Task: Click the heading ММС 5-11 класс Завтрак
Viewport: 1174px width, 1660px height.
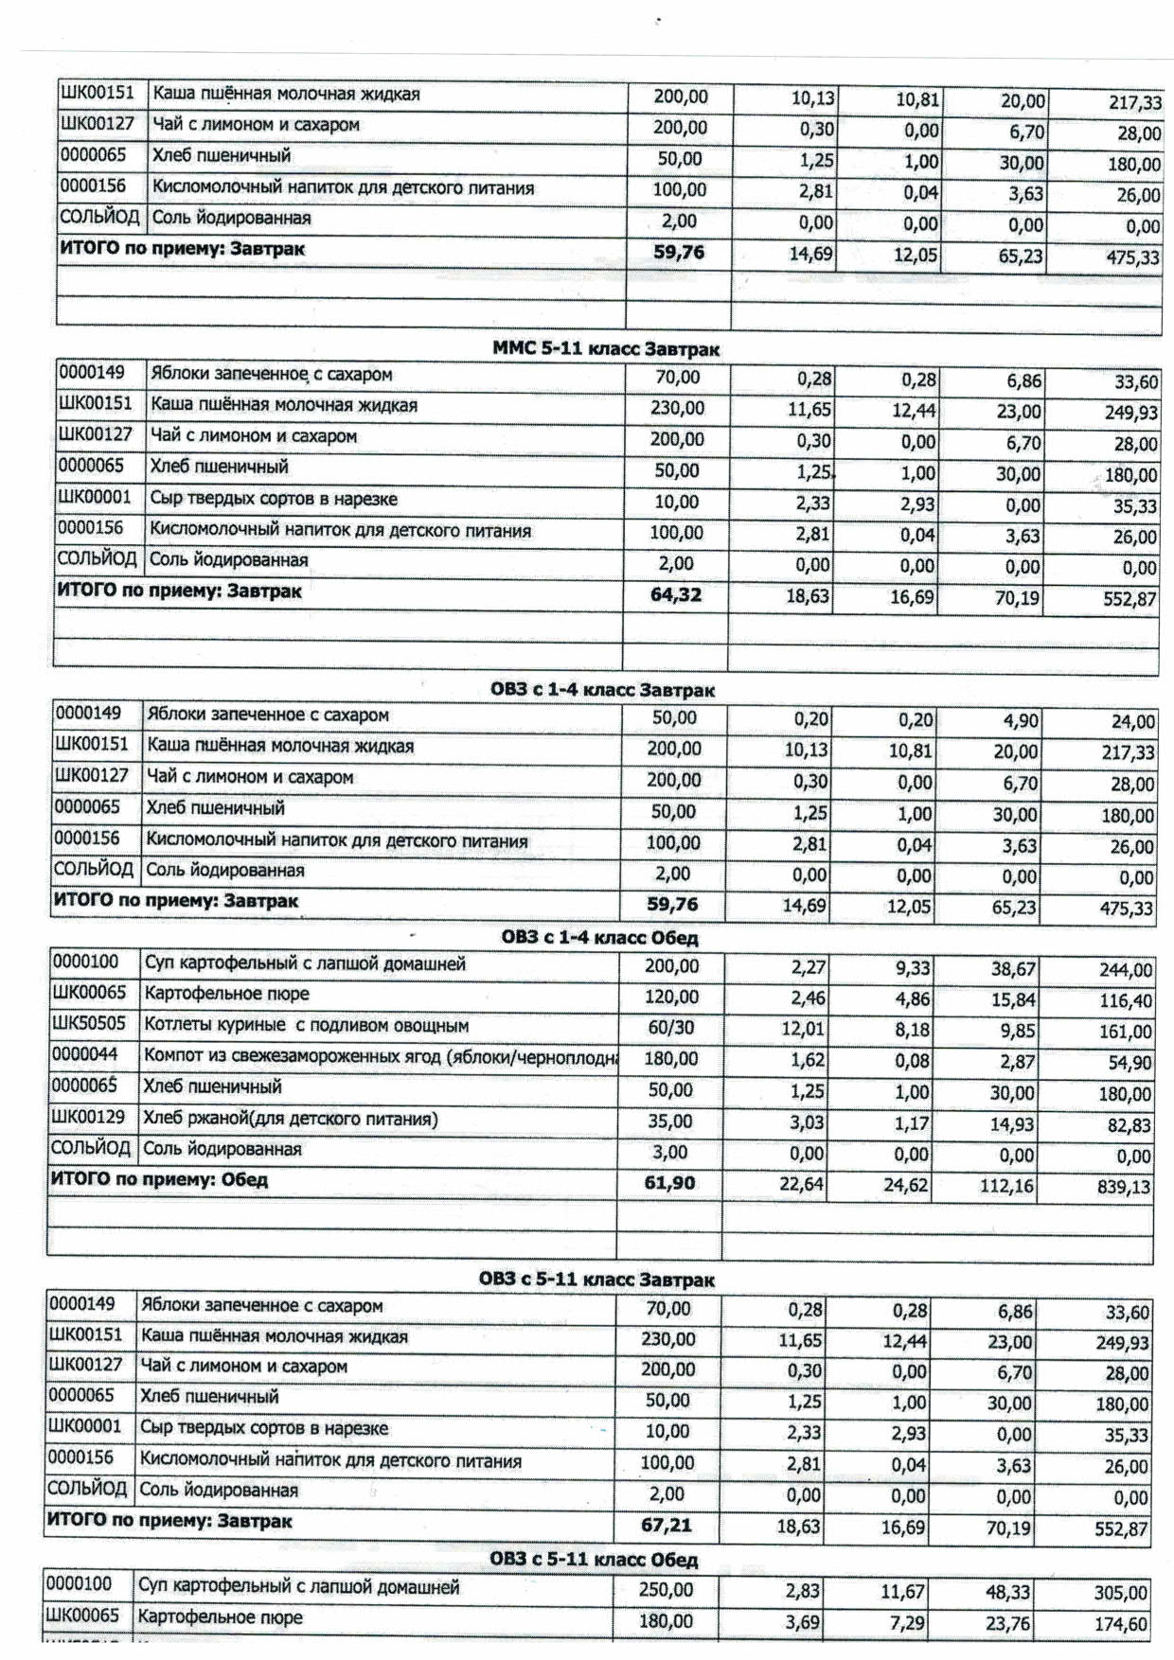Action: click(x=606, y=349)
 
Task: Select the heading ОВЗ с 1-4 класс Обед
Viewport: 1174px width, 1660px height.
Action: click(x=599, y=938)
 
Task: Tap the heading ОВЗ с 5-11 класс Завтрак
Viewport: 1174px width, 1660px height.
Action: click(x=596, y=1280)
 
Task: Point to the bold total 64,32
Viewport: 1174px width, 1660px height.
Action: click(x=676, y=594)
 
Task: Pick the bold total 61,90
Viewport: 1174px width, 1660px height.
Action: click(x=669, y=1183)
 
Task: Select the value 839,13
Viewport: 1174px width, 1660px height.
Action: click(x=1125, y=1187)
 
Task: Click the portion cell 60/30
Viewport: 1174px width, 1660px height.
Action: click(x=670, y=1028)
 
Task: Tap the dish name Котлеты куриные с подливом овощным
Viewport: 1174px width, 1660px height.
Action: click(x=306, y=1025)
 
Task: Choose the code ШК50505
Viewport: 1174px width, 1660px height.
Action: click(x=88, y=1024)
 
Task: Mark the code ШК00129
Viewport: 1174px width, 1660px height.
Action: click(x=88, y=1117)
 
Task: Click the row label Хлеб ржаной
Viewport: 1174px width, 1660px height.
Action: click(x=290, y=1119)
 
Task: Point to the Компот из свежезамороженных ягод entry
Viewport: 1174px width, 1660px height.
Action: click(x=379, y=1056)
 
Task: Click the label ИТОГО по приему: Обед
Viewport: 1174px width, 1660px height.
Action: click(x=159, y=1180)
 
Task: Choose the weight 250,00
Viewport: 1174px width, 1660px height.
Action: click(x=666, y=1590)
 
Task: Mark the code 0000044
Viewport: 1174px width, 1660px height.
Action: click(x=85, y=1054)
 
